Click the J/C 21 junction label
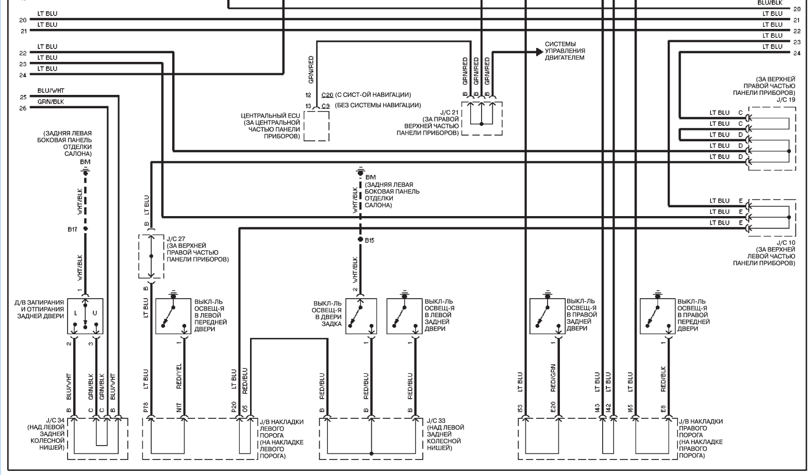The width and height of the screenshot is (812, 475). click(450, 113)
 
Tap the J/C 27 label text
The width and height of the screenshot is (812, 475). click(176, 239)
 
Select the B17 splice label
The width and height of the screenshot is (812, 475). click(73, 229)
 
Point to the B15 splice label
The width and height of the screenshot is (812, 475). click(369, 240)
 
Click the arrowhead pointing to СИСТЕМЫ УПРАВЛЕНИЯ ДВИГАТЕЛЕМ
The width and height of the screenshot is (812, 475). click(540, 52)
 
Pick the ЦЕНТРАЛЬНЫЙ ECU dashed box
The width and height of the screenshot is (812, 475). click(317, 126)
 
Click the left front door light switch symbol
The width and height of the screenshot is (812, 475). click(173, 316)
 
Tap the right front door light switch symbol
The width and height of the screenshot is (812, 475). click(657, 316)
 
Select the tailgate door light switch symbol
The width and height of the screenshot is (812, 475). click(361, 316)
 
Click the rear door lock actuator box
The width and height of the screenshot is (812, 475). click(85, 316)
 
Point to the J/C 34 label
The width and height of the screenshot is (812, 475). click(55, 421)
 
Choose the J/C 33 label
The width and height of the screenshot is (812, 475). click(436, 421)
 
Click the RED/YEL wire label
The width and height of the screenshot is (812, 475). click(179, 376)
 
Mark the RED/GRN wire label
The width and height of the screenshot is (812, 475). click(553, 378)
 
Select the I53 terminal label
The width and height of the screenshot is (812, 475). click(520, 408)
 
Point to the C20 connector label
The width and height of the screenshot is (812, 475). click(327, 95)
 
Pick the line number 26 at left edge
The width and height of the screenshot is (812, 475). click(23, 108)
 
